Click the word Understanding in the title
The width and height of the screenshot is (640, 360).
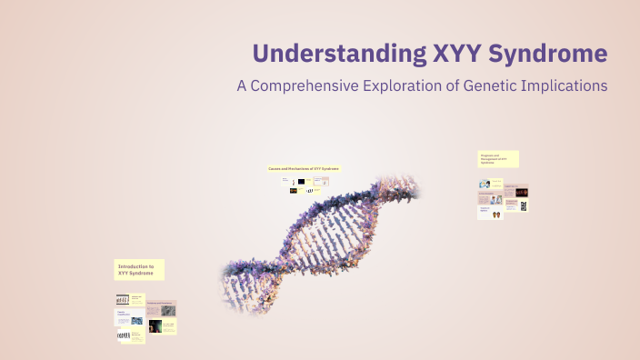335,53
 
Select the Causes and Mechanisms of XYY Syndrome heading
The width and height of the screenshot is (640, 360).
303,168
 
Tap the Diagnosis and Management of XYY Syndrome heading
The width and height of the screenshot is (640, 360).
498,159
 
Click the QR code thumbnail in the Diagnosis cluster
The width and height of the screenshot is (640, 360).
524,205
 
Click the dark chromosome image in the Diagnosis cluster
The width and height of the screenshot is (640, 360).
522,191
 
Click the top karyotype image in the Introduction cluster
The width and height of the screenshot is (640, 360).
122,299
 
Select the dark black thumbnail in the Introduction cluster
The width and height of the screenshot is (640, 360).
155,325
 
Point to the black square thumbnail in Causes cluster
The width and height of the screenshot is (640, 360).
301,181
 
